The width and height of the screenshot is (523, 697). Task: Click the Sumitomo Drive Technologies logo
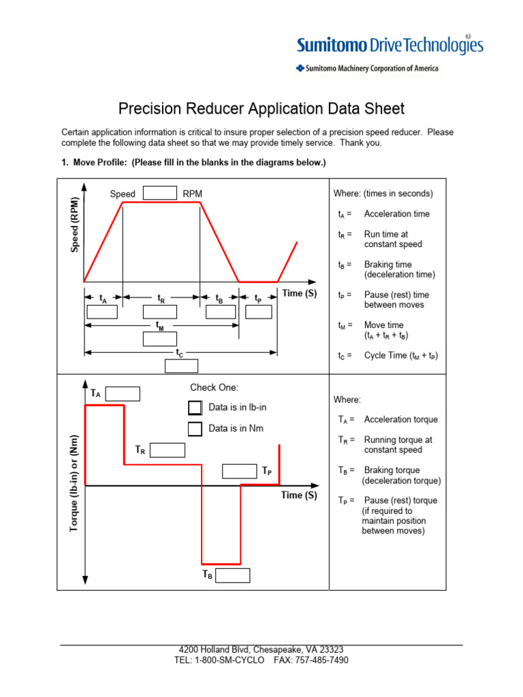(x=389, y=46)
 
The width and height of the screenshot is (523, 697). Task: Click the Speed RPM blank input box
(x=160, y=193)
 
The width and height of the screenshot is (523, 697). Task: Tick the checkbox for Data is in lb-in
(x=195, y=408)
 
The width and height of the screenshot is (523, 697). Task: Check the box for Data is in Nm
(x=195, y=429)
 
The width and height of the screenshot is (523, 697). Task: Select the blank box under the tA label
(x=103, y=312)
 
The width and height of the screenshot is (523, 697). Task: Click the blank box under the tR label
(x=160, y=312)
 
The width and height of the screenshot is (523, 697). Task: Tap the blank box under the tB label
(x=220, y=312)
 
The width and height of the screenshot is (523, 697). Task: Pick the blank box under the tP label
(x=259, y=312)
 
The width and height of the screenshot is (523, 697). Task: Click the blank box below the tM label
(x=160, y=339)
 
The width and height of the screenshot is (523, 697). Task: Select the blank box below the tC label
(x=181, y=366)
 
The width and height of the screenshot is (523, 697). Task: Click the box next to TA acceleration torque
(x=123, y=394)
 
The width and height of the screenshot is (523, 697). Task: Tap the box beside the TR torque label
(x=168, y=450)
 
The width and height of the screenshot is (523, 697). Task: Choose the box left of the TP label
(x=239, y=471)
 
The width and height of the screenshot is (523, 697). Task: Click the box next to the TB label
(x=233, y=575)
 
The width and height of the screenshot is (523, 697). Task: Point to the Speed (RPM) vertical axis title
(x=74, y=225)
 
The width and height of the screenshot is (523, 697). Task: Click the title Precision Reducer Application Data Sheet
(x=261, y=109)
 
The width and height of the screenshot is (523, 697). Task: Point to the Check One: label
(x=214, y=388)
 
